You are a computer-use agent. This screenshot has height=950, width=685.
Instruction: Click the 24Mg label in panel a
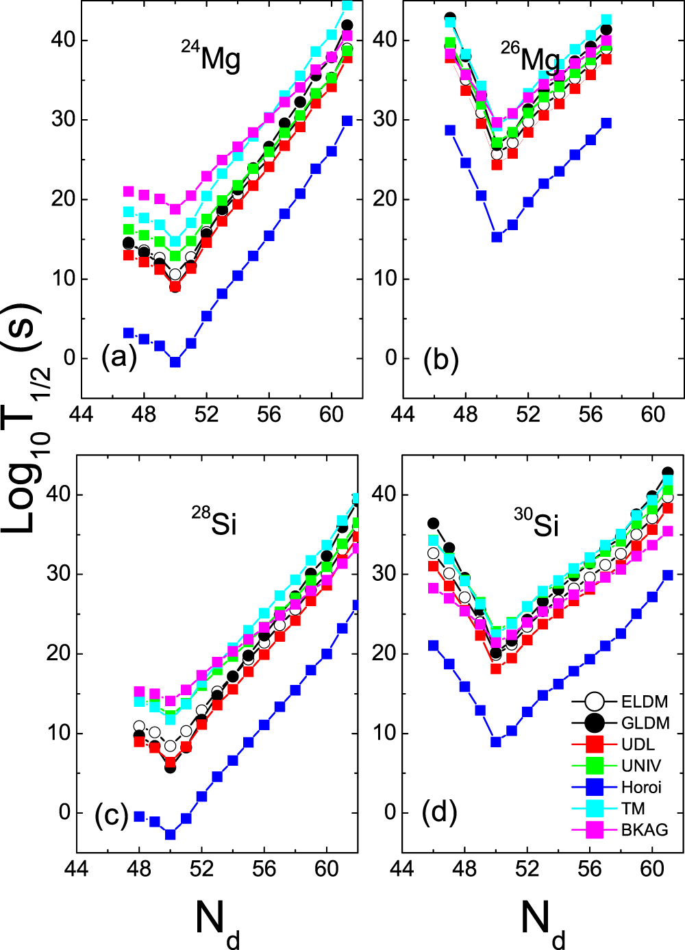click(211, 58)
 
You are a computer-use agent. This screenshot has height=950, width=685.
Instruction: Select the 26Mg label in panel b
click(530, 58)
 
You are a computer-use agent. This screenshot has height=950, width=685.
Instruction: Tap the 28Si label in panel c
click(214, 522)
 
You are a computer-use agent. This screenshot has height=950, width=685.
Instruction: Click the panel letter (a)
click(119, 358)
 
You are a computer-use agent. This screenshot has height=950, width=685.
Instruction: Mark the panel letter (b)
click(440, 359)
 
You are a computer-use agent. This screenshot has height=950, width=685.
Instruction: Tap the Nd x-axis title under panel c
click(218, 921)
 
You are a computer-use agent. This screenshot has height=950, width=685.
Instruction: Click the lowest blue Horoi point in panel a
click(175, 362)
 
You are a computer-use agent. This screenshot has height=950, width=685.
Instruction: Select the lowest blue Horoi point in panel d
click(496, 742)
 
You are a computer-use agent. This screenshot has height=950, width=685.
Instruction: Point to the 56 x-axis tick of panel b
click(590, 414)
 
